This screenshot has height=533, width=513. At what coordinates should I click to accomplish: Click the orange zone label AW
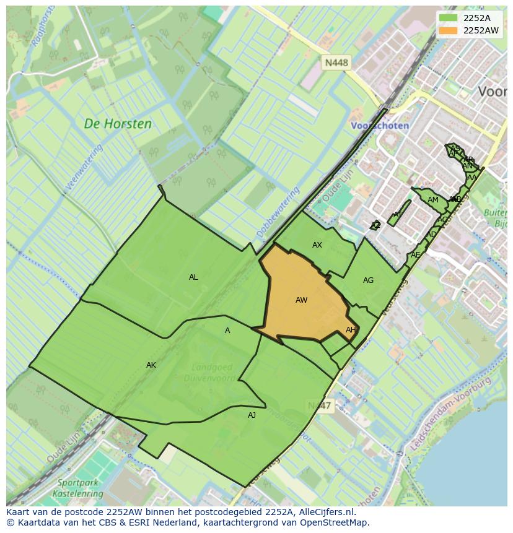301,300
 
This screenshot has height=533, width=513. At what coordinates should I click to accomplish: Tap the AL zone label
193,277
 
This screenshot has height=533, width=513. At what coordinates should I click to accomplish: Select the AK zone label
151,365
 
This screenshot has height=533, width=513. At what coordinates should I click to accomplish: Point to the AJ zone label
252,415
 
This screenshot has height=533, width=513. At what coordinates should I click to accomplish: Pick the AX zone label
317,245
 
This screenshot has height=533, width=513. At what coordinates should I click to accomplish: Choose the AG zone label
368,280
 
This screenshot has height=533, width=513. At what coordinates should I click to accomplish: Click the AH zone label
351,330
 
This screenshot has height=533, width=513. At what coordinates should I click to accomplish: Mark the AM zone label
433,200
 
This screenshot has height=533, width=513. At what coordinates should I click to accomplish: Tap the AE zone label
415,255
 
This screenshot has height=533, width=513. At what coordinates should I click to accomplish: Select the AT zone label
398,215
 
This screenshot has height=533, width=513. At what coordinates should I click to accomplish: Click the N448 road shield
336,63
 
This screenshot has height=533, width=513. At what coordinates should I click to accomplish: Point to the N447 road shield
320,405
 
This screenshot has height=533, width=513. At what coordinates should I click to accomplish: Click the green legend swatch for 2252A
448,17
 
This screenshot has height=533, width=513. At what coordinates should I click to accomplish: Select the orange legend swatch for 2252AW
448,30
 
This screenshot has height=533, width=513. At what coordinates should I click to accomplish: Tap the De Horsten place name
118,124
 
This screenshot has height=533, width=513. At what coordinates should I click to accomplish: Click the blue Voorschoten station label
380,125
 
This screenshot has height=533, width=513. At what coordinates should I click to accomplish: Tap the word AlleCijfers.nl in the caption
326,512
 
